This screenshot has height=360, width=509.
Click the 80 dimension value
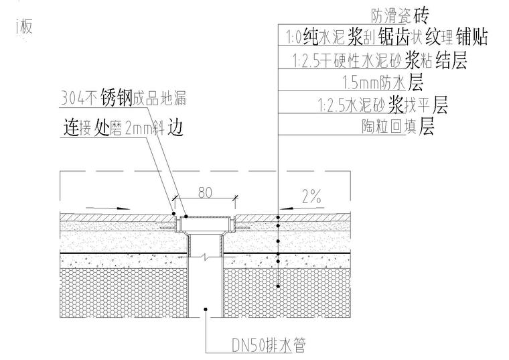click(x=206, y=193)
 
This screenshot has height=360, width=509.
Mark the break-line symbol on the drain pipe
click(x=206, y=255)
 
